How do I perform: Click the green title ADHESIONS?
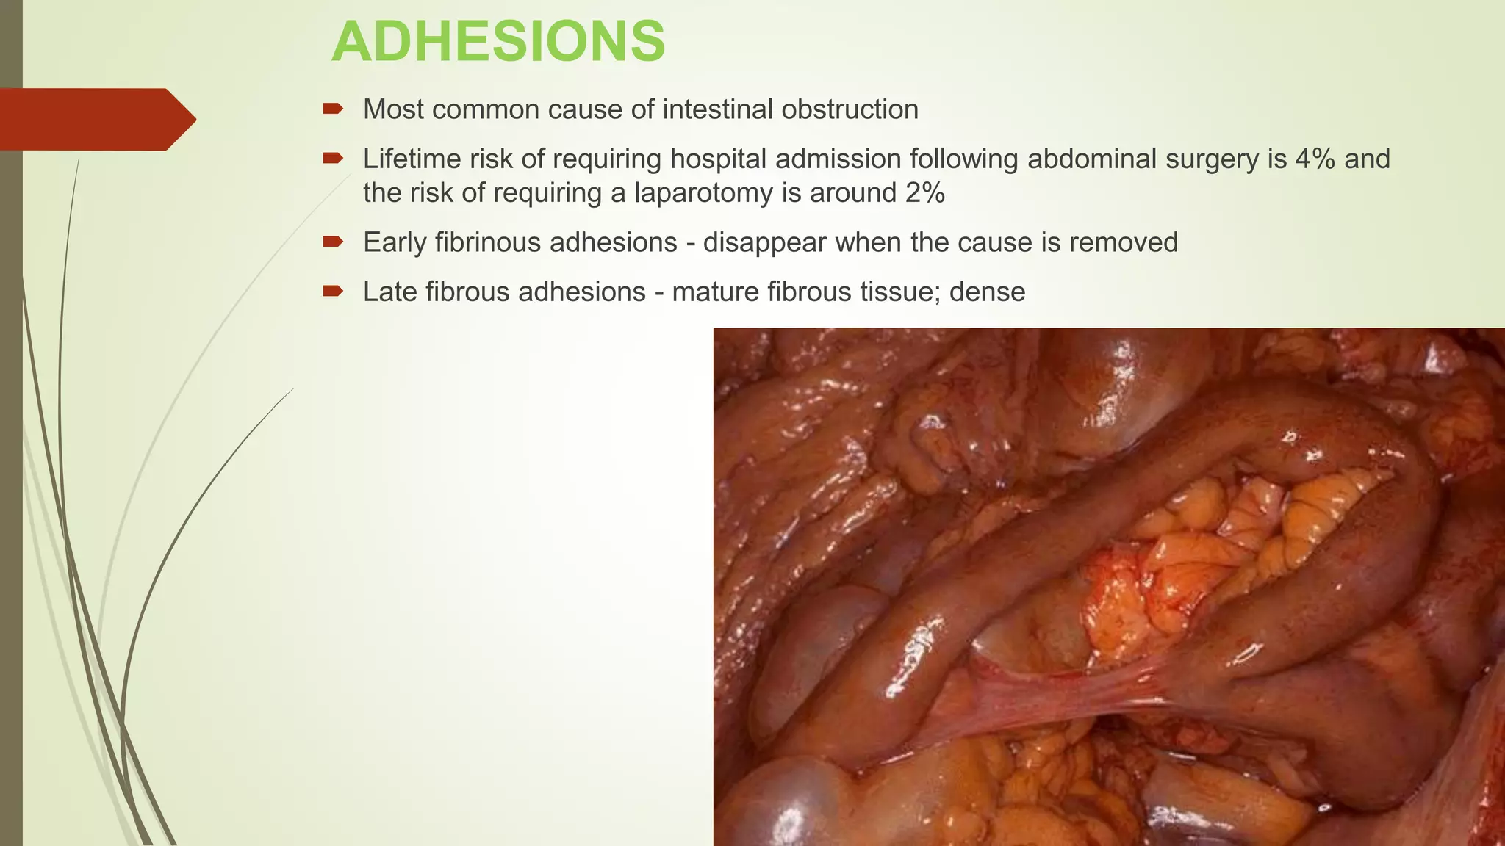point(498,42)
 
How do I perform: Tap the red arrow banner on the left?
point(96,119)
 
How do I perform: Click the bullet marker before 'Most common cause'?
point(333,109)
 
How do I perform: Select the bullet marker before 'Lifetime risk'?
point(333,159)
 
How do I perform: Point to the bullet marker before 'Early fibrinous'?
point(333,242)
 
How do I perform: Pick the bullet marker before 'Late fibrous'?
point(333,292)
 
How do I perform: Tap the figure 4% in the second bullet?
point(1315,159)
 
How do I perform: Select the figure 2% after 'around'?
point(924,192)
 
